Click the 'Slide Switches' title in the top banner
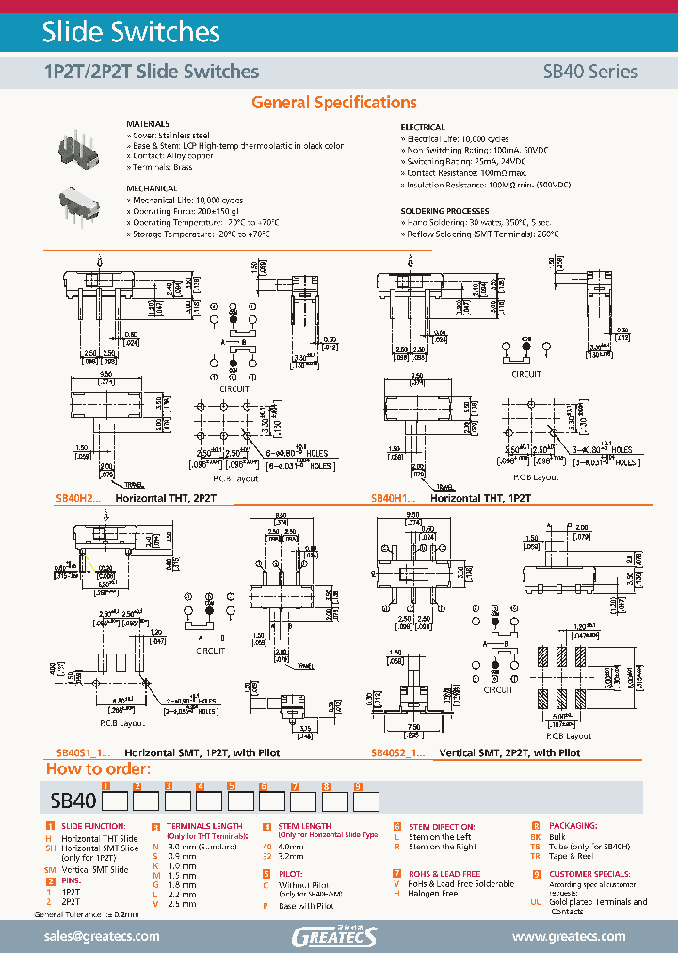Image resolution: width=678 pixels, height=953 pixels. (x=131, y=32)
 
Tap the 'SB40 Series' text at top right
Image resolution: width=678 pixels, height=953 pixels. (x=589, y=72)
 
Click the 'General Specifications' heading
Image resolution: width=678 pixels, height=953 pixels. (x=334, y=103)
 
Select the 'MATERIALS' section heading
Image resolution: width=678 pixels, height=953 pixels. (x=148, y=124)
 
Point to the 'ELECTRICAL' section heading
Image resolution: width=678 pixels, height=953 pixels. (x=423, y=126)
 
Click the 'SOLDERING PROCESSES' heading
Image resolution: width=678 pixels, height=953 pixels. (x=444, y=211)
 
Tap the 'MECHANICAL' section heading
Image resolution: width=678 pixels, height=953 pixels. (x=151, y=188)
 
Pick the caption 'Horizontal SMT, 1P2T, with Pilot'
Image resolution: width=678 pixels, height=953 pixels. (x=202, y=752)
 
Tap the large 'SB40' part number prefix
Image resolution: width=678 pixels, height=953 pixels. (x=71, y=801)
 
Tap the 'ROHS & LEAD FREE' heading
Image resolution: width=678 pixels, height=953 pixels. (x=443, y=874)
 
